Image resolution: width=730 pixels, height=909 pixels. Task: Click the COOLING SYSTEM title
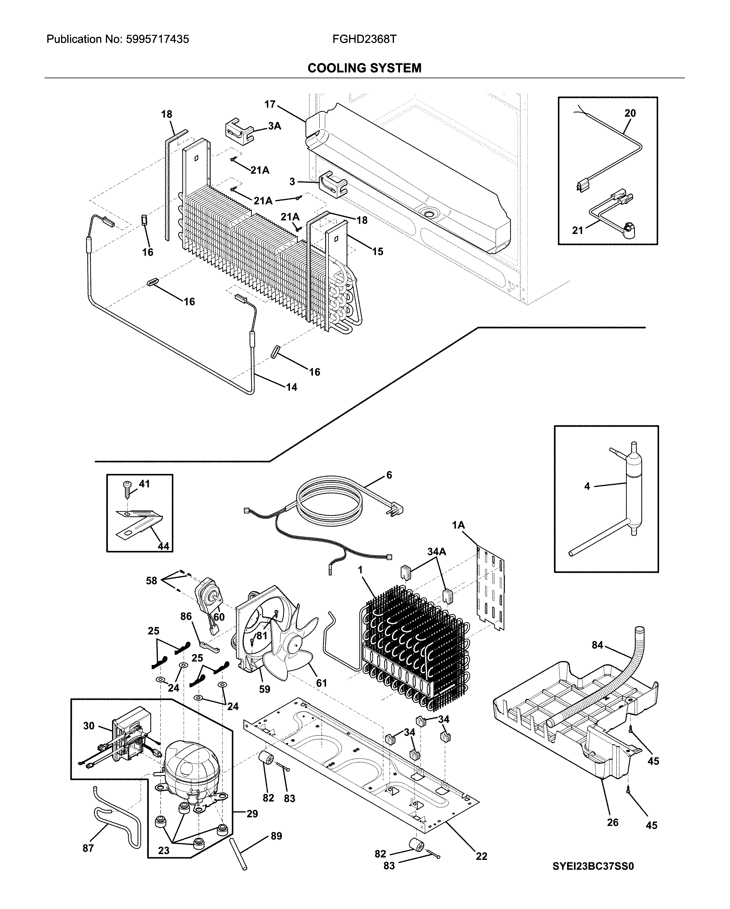[x=364, y=68]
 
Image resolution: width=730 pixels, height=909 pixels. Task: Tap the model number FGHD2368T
[x=364, y=39]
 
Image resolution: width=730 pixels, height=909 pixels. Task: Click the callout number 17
[x=270, y=104]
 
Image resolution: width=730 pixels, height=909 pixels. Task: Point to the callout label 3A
[x=274, y=126]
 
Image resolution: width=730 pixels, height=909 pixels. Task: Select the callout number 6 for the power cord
[x=389, y=475]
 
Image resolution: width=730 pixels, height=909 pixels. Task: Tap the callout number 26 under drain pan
[x=612, y=823]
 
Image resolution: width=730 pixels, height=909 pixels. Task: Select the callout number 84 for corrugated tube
[x=597, y=646]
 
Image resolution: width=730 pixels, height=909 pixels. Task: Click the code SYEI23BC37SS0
[x=593, y=867]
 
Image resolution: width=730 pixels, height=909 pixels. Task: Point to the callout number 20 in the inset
[x=630, y=113]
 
